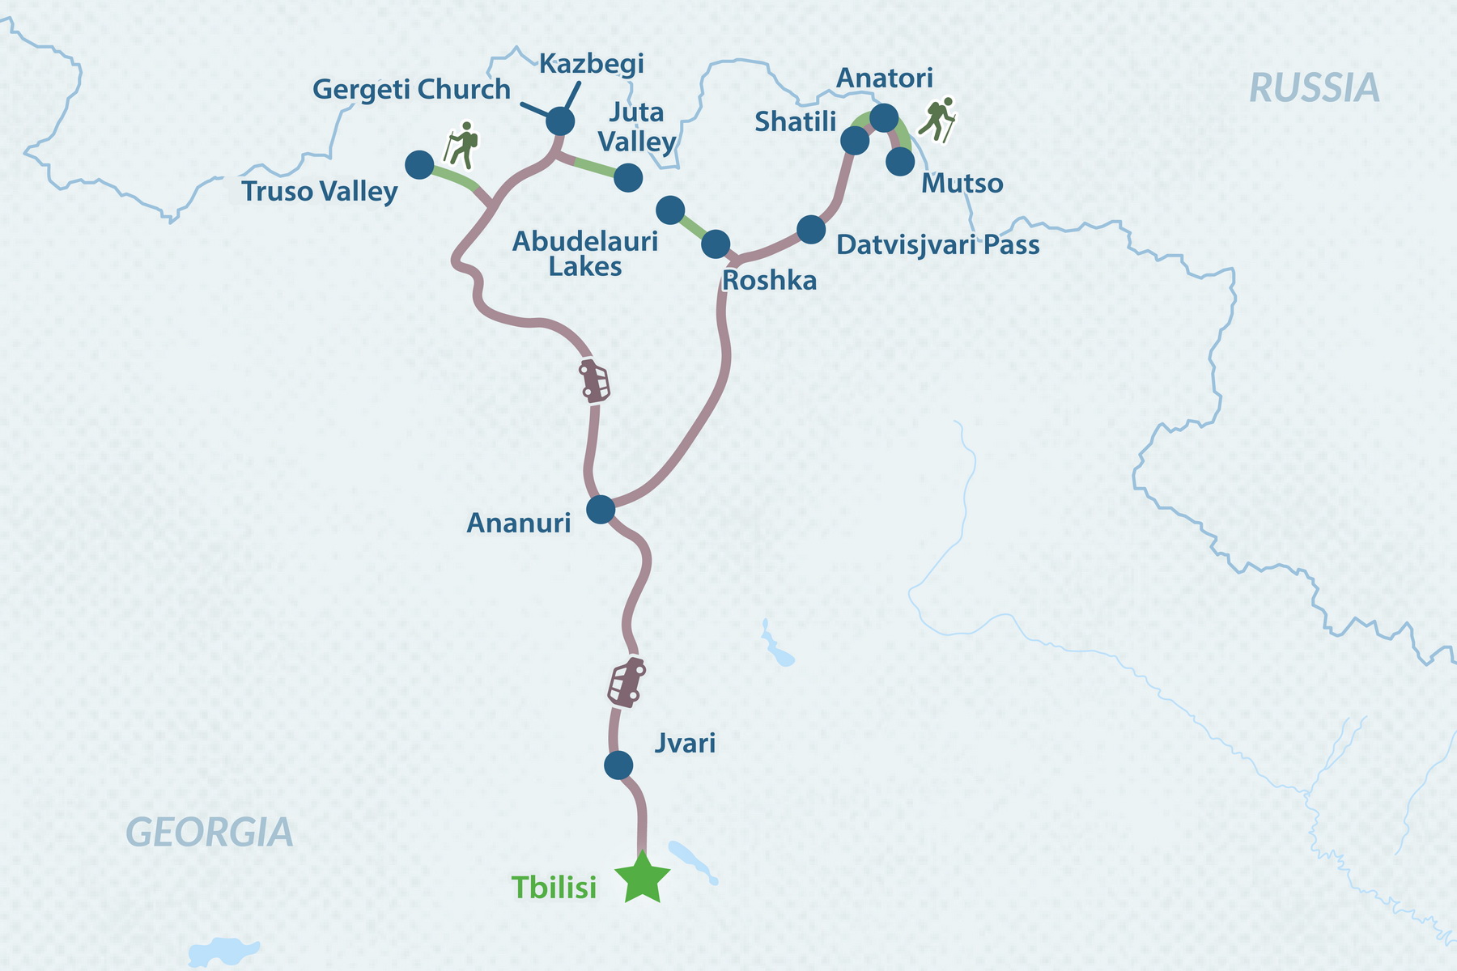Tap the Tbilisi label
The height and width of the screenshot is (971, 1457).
[x=554, y=888]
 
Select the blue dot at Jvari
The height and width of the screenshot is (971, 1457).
[x=618, y=765]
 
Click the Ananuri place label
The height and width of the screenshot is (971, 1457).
[x=519, y=524]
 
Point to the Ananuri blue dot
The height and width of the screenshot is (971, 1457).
[x=601, y=509]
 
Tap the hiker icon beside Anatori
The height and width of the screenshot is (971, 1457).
[x=938, y=119]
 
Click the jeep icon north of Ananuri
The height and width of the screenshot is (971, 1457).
[x=594, y=380]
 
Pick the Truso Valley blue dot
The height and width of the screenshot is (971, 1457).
[x=419, y=165]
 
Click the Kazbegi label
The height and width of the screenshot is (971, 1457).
[x=591, y=63]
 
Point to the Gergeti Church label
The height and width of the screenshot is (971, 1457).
[x=411, y=89]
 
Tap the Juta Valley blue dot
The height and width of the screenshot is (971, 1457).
[x=628, y=177]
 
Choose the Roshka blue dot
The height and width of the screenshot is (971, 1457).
[x=716, y=244]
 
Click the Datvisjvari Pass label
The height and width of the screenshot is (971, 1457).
[x=937, y=244]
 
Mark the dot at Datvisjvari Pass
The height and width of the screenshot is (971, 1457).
[x=811, y=230]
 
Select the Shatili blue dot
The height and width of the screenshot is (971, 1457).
[x=855, y=141]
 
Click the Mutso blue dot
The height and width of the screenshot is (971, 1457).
[x=900, y=162]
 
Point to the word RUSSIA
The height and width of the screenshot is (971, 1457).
[x=1315, y=88]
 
